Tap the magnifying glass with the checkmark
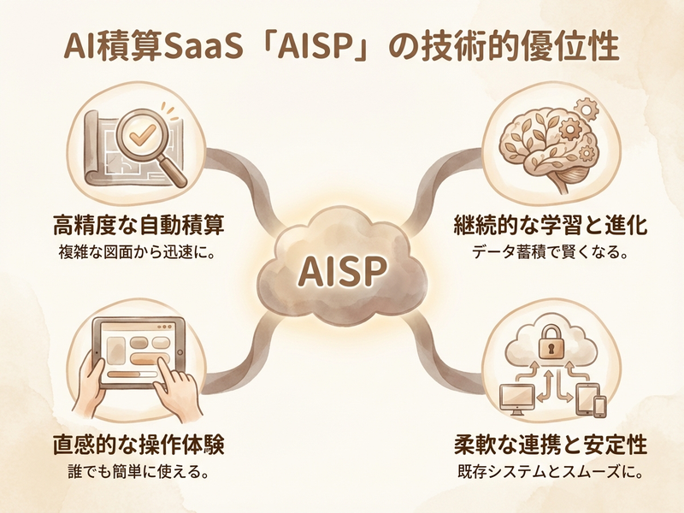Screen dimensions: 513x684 137,135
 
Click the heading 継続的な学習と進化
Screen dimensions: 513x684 549,227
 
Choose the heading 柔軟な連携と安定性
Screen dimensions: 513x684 549,446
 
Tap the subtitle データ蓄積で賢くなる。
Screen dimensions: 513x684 549,253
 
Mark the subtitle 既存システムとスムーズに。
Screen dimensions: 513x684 549,471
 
